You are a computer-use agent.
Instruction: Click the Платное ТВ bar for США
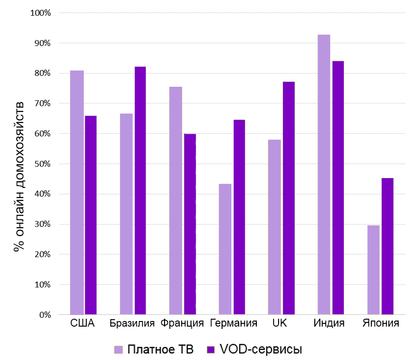point(76,193)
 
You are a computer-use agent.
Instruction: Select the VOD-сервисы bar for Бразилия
point(140,191)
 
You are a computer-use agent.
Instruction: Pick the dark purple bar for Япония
point(388,246)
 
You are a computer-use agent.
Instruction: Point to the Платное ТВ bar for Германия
point(225,249)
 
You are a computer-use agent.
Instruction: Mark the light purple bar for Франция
point(175,200)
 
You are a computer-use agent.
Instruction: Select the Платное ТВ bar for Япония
point(373,270)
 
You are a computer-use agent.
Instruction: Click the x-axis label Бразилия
point(132,323)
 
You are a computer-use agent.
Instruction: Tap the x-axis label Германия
point(233,323)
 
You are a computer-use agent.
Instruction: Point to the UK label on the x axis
point(280,323)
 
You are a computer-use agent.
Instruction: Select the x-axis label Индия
point(329,323)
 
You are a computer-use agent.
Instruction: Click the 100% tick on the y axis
point(40,13)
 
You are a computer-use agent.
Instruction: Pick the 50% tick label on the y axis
point(42,164)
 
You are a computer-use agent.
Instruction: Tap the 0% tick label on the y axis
point(44,315)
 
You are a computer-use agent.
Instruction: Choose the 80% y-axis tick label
point(42,73)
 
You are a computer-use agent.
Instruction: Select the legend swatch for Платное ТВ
point(119,349)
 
